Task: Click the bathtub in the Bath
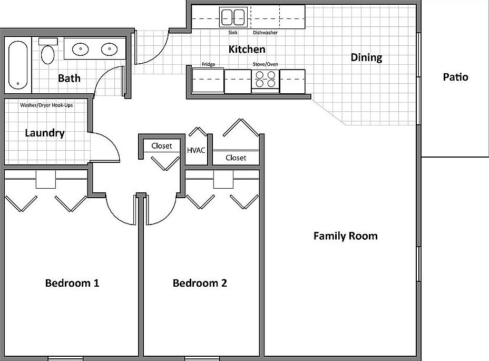click(x=18, y=65)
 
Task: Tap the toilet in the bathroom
click(x=48, y=52)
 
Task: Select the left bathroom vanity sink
click(x=81, y=49)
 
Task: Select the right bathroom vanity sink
click(x=109, y=49)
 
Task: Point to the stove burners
click(x=266, y=79)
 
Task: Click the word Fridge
click(x=208, y=64)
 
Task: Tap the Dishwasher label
click(x=265, y=33)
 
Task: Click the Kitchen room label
click(x=247, y=50)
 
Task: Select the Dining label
click(x=366, y=58)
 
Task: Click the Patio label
click(x=456, y=77)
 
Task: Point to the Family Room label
click(x=346, y=236)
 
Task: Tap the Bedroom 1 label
click(x=72, y=283)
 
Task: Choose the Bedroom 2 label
click(x=200, y=283)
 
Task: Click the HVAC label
click(x=196, y=150)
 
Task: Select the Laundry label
click(x=45, y=133)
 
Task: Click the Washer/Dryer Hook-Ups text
click(x=46, y=105)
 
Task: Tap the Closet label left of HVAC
click(x=162, y=145)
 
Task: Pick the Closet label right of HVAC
click(x=236, y=158)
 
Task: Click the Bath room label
click(x=69, y=78)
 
